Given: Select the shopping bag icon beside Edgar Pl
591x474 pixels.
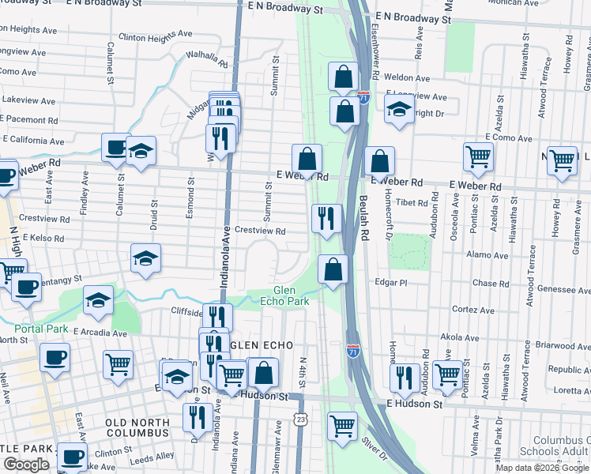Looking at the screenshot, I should [333, 269].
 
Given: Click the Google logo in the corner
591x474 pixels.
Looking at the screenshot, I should [27, 465].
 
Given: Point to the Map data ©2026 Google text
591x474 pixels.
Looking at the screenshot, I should [542, 468].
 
